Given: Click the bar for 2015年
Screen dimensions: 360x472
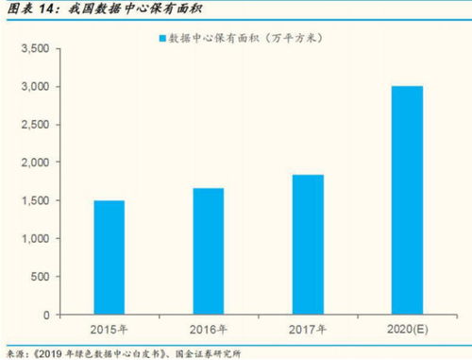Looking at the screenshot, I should click(110, 257).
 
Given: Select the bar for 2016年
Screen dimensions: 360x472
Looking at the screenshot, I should click(208, 250).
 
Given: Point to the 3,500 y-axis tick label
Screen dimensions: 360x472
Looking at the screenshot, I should click(33, 48).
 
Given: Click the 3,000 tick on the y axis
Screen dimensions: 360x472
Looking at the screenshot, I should click(33, 87).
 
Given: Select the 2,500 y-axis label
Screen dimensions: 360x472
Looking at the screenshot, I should click(33, 125).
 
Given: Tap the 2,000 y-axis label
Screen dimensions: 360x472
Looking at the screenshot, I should click(33, 163).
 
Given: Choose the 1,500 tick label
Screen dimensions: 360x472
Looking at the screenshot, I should click(33, 200).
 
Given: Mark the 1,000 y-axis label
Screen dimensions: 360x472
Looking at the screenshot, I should click(33, 238).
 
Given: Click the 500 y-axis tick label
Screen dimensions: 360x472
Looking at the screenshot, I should click(39, 276).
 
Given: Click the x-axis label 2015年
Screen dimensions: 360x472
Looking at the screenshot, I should click(110, 330).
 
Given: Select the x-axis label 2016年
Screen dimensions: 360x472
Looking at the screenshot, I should click(208, 330).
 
